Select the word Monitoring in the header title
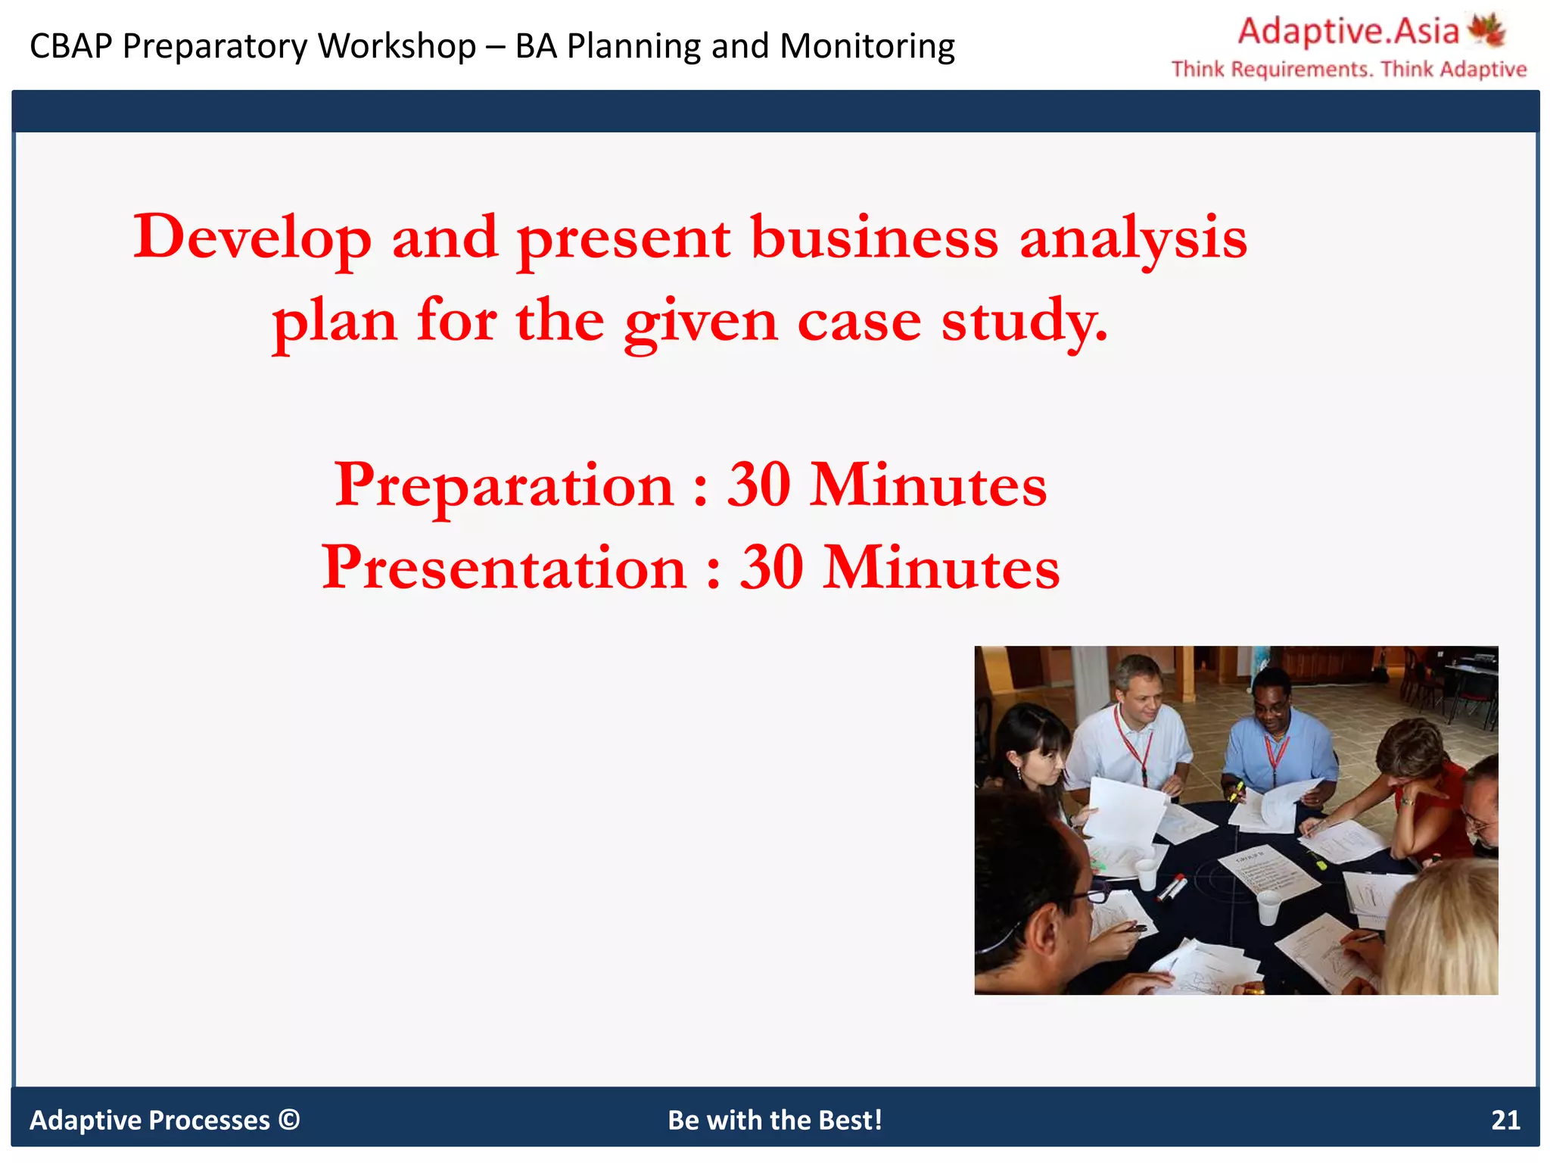(x=867, y=46)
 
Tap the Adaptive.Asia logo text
(x=1348, y=32)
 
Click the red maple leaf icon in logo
(x=1486, y=31)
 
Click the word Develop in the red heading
(x=252, y=238)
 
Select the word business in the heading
(x=874, y=238)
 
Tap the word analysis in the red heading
(x=1133, y=238)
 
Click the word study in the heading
(x=1023, y=321)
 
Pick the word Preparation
(x=504, y=485)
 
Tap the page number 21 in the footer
(x=1505, y=1120)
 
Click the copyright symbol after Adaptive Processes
(x=289, y=1120)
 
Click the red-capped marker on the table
(x=1172, y=887)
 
